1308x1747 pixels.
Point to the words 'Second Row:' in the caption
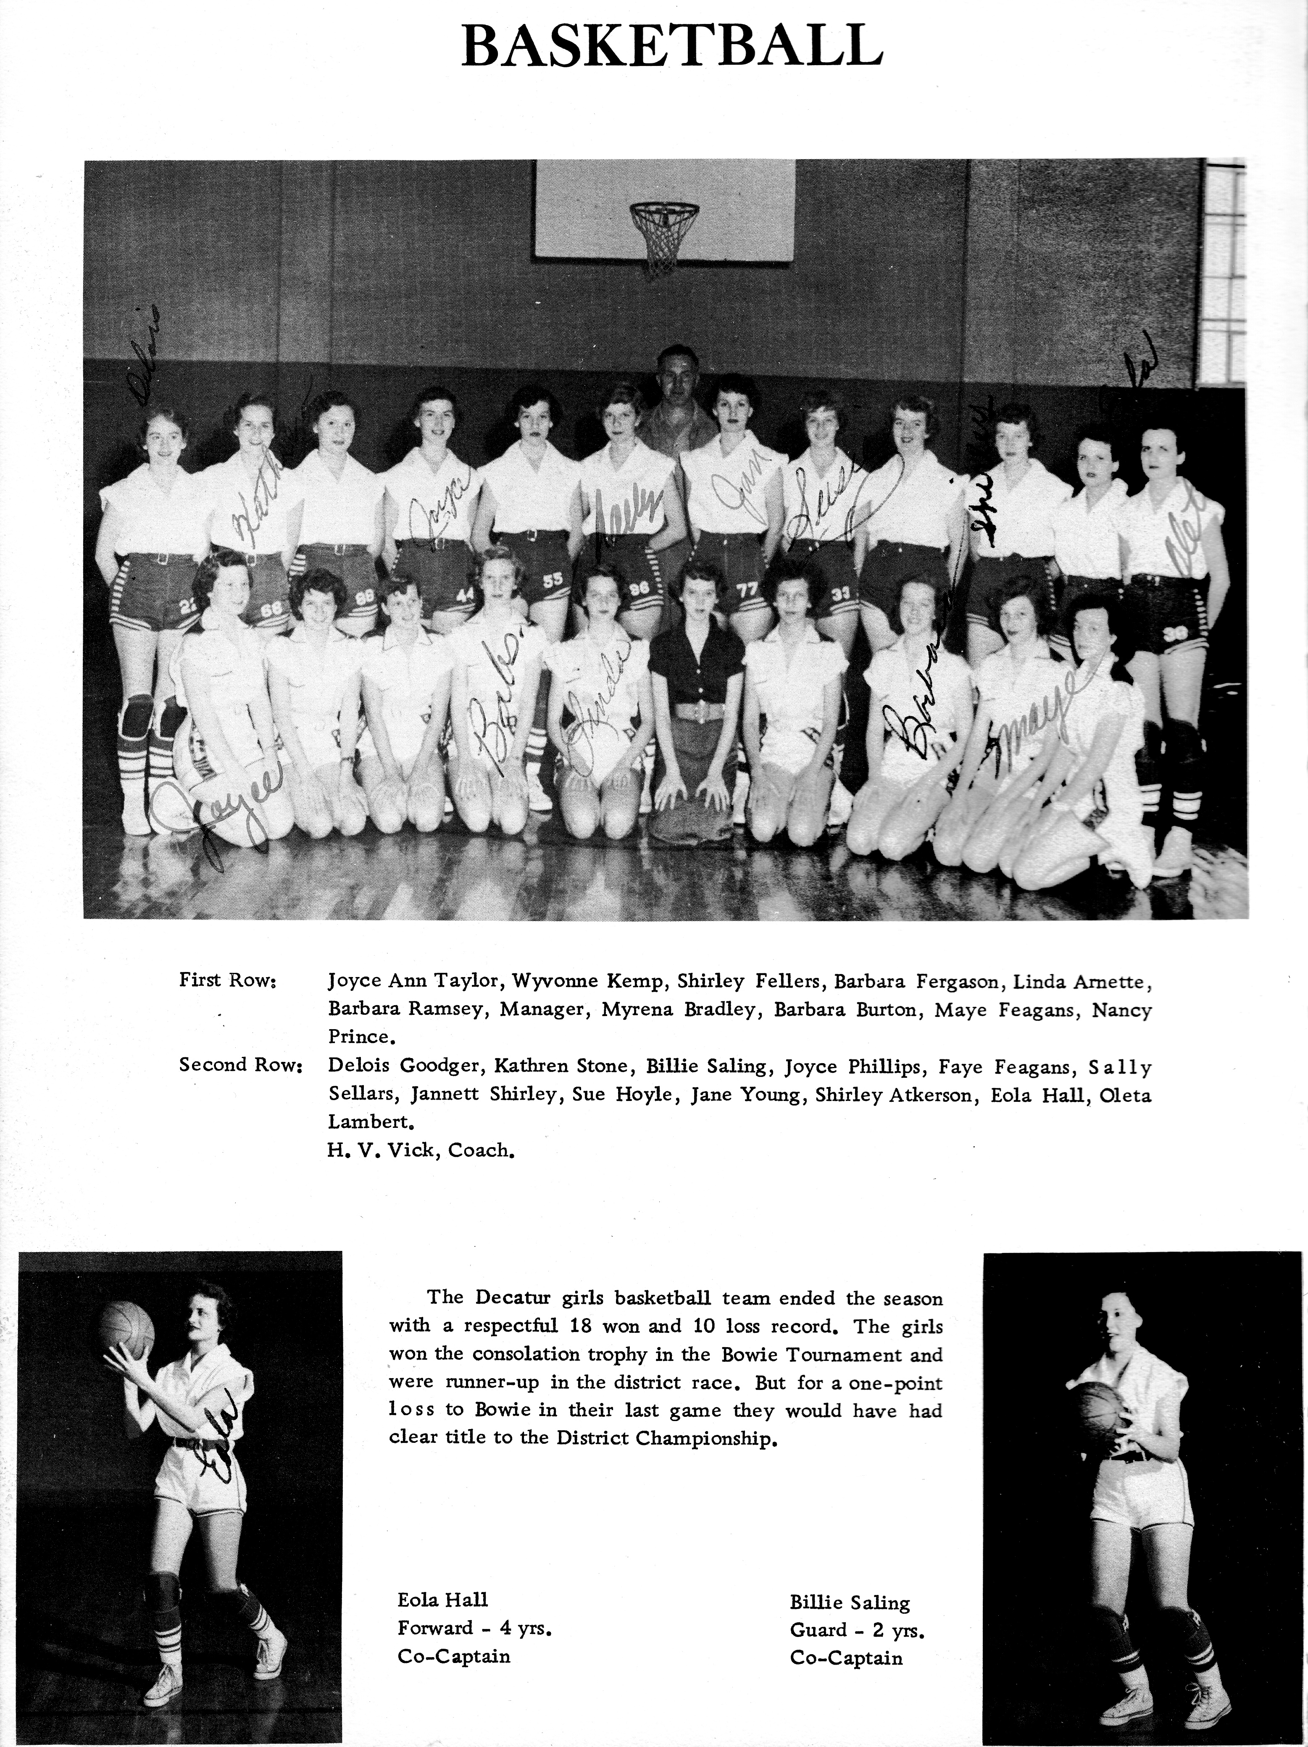click(x=241, y=1065)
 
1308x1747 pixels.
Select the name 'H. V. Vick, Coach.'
click(x=421, y=1150)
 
